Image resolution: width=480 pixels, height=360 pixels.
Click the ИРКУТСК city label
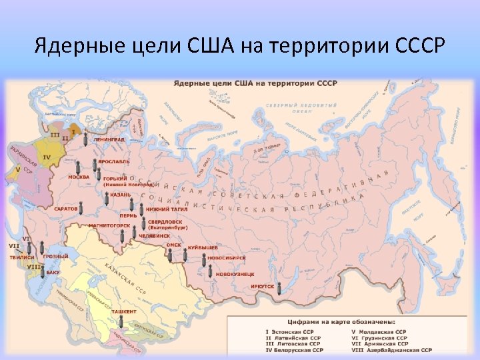tap(263, 286)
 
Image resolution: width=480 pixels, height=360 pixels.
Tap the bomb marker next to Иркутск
tap(280, 287)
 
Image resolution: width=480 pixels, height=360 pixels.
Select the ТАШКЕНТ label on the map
tap(123, 311)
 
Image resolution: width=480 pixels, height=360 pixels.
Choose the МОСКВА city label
tap(79, 177)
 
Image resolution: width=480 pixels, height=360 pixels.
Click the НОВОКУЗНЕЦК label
tap(225, 273)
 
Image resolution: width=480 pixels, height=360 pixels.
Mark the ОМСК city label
tap(173, 244)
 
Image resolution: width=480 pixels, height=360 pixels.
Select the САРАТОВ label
tap(67, 209)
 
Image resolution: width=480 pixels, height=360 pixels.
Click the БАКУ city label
tap(54, 273)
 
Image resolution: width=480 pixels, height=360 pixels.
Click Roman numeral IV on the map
tap(47, 157)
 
